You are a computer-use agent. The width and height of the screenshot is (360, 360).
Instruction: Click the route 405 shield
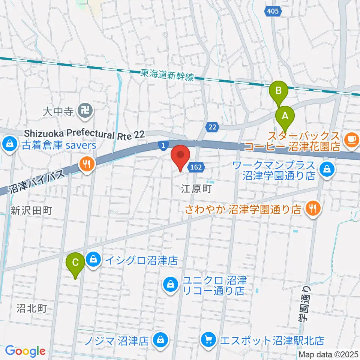(273, 11)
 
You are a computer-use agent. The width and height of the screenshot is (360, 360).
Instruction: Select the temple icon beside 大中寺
(82, 111)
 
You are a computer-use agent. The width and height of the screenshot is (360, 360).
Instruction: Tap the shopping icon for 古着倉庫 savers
(8, 144)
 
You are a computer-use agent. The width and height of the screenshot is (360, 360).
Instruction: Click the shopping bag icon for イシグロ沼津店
(93, 259)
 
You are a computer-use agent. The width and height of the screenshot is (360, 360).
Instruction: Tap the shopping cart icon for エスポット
(209, 340)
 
